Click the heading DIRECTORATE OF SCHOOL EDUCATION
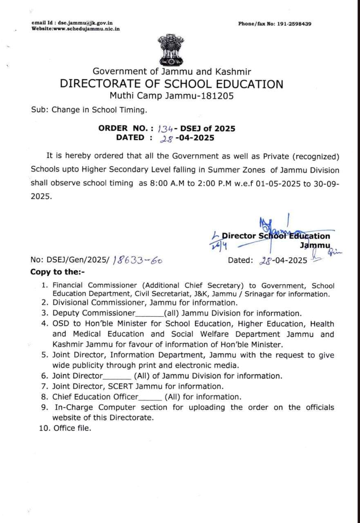(171, 84)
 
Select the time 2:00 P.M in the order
(207, 183)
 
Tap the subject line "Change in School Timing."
(99, 110)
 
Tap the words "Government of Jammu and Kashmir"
(172, 72)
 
